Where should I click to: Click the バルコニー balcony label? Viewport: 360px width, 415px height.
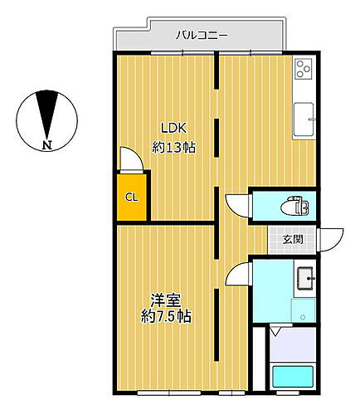pyautogui.click(x=202, y=36)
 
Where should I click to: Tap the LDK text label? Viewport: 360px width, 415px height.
pyautogui.click(x=174, y=128)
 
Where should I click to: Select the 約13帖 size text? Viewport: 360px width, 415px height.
pyautogui.click(x=174, y=148)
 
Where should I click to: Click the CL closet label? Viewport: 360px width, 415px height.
pyautogui.click(x=131, y=198)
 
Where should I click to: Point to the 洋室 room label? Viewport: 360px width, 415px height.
pyautogui.click(x=166, y=300)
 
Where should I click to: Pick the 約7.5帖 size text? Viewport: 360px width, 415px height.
pyautogui.click(x=166, y=316)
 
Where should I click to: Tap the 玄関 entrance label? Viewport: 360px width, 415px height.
pyautogui.click(x=293, y=239)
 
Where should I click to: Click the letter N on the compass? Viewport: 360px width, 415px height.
pyautogui.click(x=47, y=144)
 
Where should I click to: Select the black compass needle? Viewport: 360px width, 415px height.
pyautogui.click(x=47, y=115)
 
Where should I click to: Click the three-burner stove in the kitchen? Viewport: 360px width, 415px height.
pyautogui.click(x=304, y=69)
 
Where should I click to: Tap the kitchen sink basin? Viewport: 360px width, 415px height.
pyautogui.click(x=304, y=120)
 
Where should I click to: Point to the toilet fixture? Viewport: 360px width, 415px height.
pyautogui.click(x=294, y=206)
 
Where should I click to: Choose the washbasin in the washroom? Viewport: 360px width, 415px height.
pyautogui.click(x=305, y=278)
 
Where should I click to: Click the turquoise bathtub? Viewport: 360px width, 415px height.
pyautogui.click(x=293, y=377)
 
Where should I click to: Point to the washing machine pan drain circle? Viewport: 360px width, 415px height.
pyautogui.click(x=303, y=317)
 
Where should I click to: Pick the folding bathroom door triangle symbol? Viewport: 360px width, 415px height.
pyautogui.click(x=275, y=330)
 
